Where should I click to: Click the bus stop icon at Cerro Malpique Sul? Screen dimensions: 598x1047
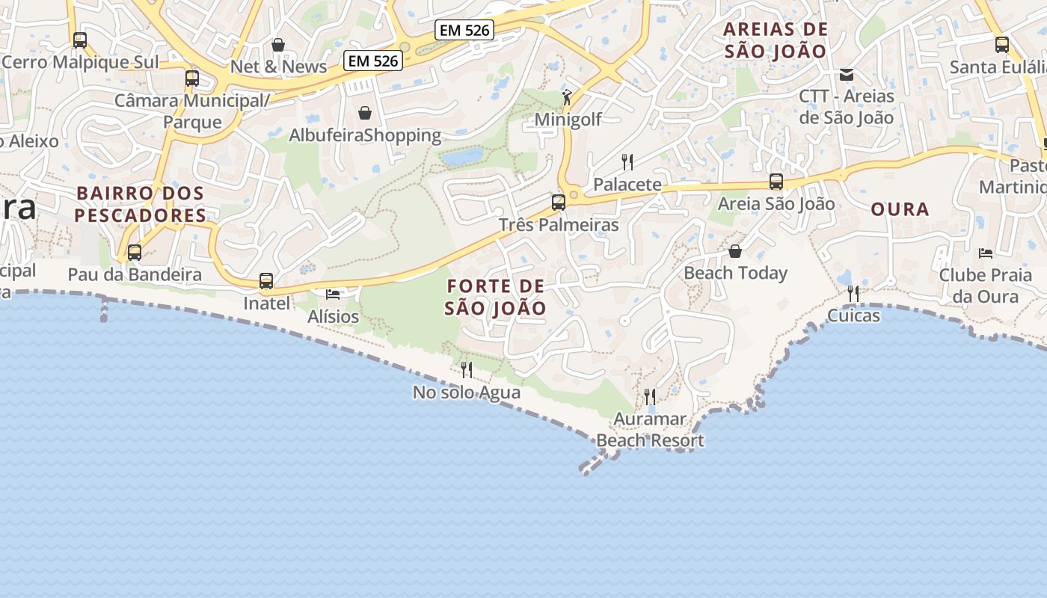(x=80, y=40)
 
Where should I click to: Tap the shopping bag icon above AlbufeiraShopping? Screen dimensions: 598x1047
(x=365, y=113)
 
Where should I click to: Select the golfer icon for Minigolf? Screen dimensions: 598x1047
(x=567, y=97)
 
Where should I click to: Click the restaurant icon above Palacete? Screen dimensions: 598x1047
(x=627, y=161)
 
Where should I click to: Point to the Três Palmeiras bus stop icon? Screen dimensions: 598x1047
(x=558, y=202)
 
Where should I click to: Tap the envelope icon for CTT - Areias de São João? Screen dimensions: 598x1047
(x=847, y=74)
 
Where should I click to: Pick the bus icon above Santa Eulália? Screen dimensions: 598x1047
(x=1002, y=45)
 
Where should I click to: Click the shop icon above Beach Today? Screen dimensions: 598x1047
(x=735, y=251)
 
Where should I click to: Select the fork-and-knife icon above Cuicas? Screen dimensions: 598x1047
(x=853, y=294)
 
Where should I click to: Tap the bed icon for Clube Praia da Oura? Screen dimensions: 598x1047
(x=986, y=253)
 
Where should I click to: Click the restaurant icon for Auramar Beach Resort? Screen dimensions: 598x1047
(x=650, y=397)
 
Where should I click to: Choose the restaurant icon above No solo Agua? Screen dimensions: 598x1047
(x=467, y=369)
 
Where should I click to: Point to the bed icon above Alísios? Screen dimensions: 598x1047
(x=333, y=295)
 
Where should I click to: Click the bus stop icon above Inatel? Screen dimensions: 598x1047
(x=266, y=281)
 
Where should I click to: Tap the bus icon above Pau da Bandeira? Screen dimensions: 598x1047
(x=135, y=253)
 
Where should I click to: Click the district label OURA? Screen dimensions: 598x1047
(x=900, y=209)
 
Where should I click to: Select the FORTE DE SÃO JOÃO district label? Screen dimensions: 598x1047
(x=495, y=297)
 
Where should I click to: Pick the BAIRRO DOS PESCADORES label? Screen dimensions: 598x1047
(x=140, y=204)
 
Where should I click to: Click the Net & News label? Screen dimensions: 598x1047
(x=278, y=67)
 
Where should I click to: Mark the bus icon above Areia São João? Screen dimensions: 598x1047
(x=776, y=182)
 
